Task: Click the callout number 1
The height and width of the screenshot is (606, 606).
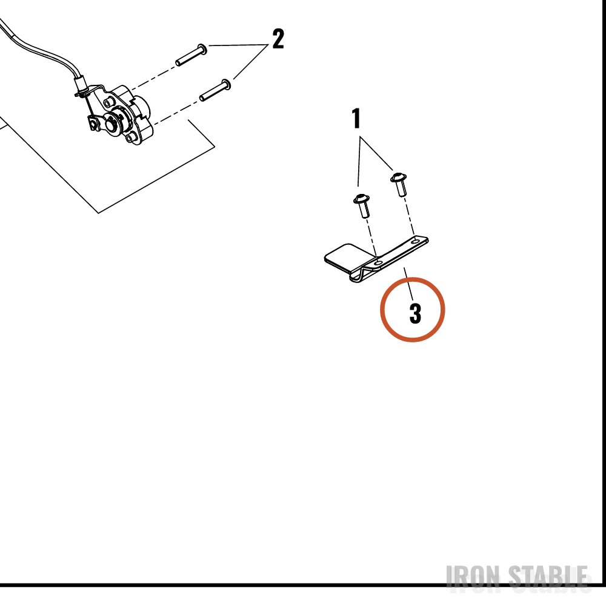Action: coord(356,118)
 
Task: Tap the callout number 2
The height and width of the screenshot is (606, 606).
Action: coord(278,39)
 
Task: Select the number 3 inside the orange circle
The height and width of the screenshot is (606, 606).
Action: coord(415,313)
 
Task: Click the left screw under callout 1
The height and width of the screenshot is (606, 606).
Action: coord(362,205)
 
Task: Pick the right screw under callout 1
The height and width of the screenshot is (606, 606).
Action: coord(399,184)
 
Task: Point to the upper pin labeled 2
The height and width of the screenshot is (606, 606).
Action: coord(191,55)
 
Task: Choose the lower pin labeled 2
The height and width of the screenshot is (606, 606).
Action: coord(215,90)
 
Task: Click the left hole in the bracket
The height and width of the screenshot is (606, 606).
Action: coord(379,263)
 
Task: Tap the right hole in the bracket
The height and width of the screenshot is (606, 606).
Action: coord(416,241)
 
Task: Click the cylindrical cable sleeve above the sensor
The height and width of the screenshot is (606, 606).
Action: coord(80,83)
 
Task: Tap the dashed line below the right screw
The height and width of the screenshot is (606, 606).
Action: coord(409,216)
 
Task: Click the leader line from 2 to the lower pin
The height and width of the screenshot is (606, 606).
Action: coord(251,62)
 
